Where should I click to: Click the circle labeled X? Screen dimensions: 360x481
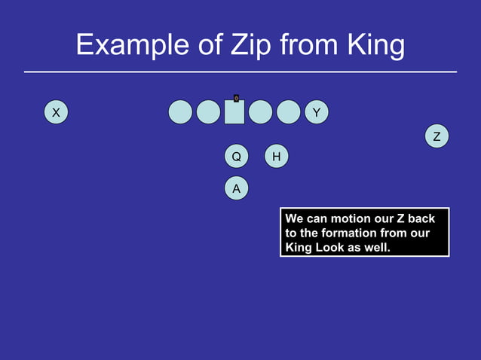click(x=55, y=113)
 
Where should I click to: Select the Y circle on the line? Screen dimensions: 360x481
click(x=317, y=113)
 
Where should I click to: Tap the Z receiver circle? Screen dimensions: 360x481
click(x=437, y=136)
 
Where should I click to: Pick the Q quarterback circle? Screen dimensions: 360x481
click(x=236, y=157)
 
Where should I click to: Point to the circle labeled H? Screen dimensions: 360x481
click(x=277, y=157)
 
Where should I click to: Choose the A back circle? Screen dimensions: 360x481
click(x=236, y=188)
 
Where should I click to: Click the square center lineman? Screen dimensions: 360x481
click(x=234, y=113)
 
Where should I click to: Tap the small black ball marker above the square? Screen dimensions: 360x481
click(x=236, y=98)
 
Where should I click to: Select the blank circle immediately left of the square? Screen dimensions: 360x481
click(x=208, y=112)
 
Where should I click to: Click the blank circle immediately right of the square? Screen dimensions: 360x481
click(x=260, y=112)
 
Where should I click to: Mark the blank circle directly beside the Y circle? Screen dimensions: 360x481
click(x=288, y=112)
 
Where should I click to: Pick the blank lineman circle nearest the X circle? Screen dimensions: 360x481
click(x=180, y=112)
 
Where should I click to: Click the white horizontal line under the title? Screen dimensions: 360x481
click(x=240, y=72)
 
